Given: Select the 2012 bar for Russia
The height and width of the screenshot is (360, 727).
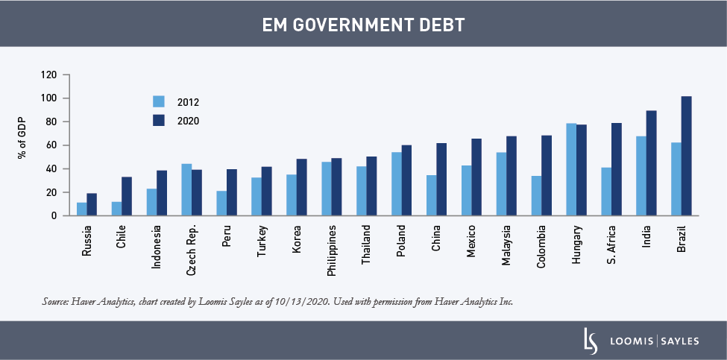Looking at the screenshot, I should click(82, 209).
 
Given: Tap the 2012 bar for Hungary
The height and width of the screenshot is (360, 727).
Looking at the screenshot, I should click(571, 169).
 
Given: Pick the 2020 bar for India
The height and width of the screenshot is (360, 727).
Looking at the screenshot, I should click(651, 162).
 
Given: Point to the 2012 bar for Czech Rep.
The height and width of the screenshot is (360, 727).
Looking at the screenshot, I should click(186, 189).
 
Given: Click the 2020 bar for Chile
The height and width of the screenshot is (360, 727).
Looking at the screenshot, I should click(127, 196).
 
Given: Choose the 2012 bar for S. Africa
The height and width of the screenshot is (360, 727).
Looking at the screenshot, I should click(606, 192).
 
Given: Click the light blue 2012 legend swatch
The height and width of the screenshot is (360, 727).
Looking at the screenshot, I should click(158, 102).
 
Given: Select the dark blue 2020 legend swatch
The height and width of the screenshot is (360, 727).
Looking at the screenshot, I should click(158, 121).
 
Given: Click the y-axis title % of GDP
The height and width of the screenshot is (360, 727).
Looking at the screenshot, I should click(22, 139).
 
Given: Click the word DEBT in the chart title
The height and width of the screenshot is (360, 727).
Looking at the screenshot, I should click(440, 25).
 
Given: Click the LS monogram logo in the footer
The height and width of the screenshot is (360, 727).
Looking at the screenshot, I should click(591, 341).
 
